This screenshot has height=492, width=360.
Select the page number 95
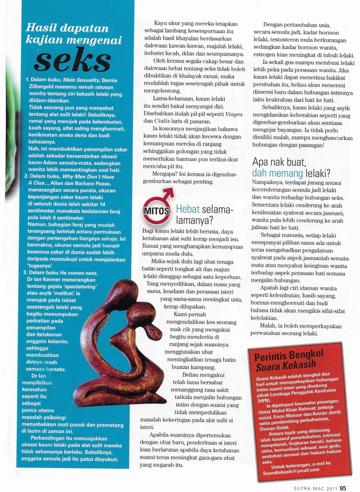[343, 485]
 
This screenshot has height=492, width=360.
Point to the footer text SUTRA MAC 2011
[312, 486]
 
